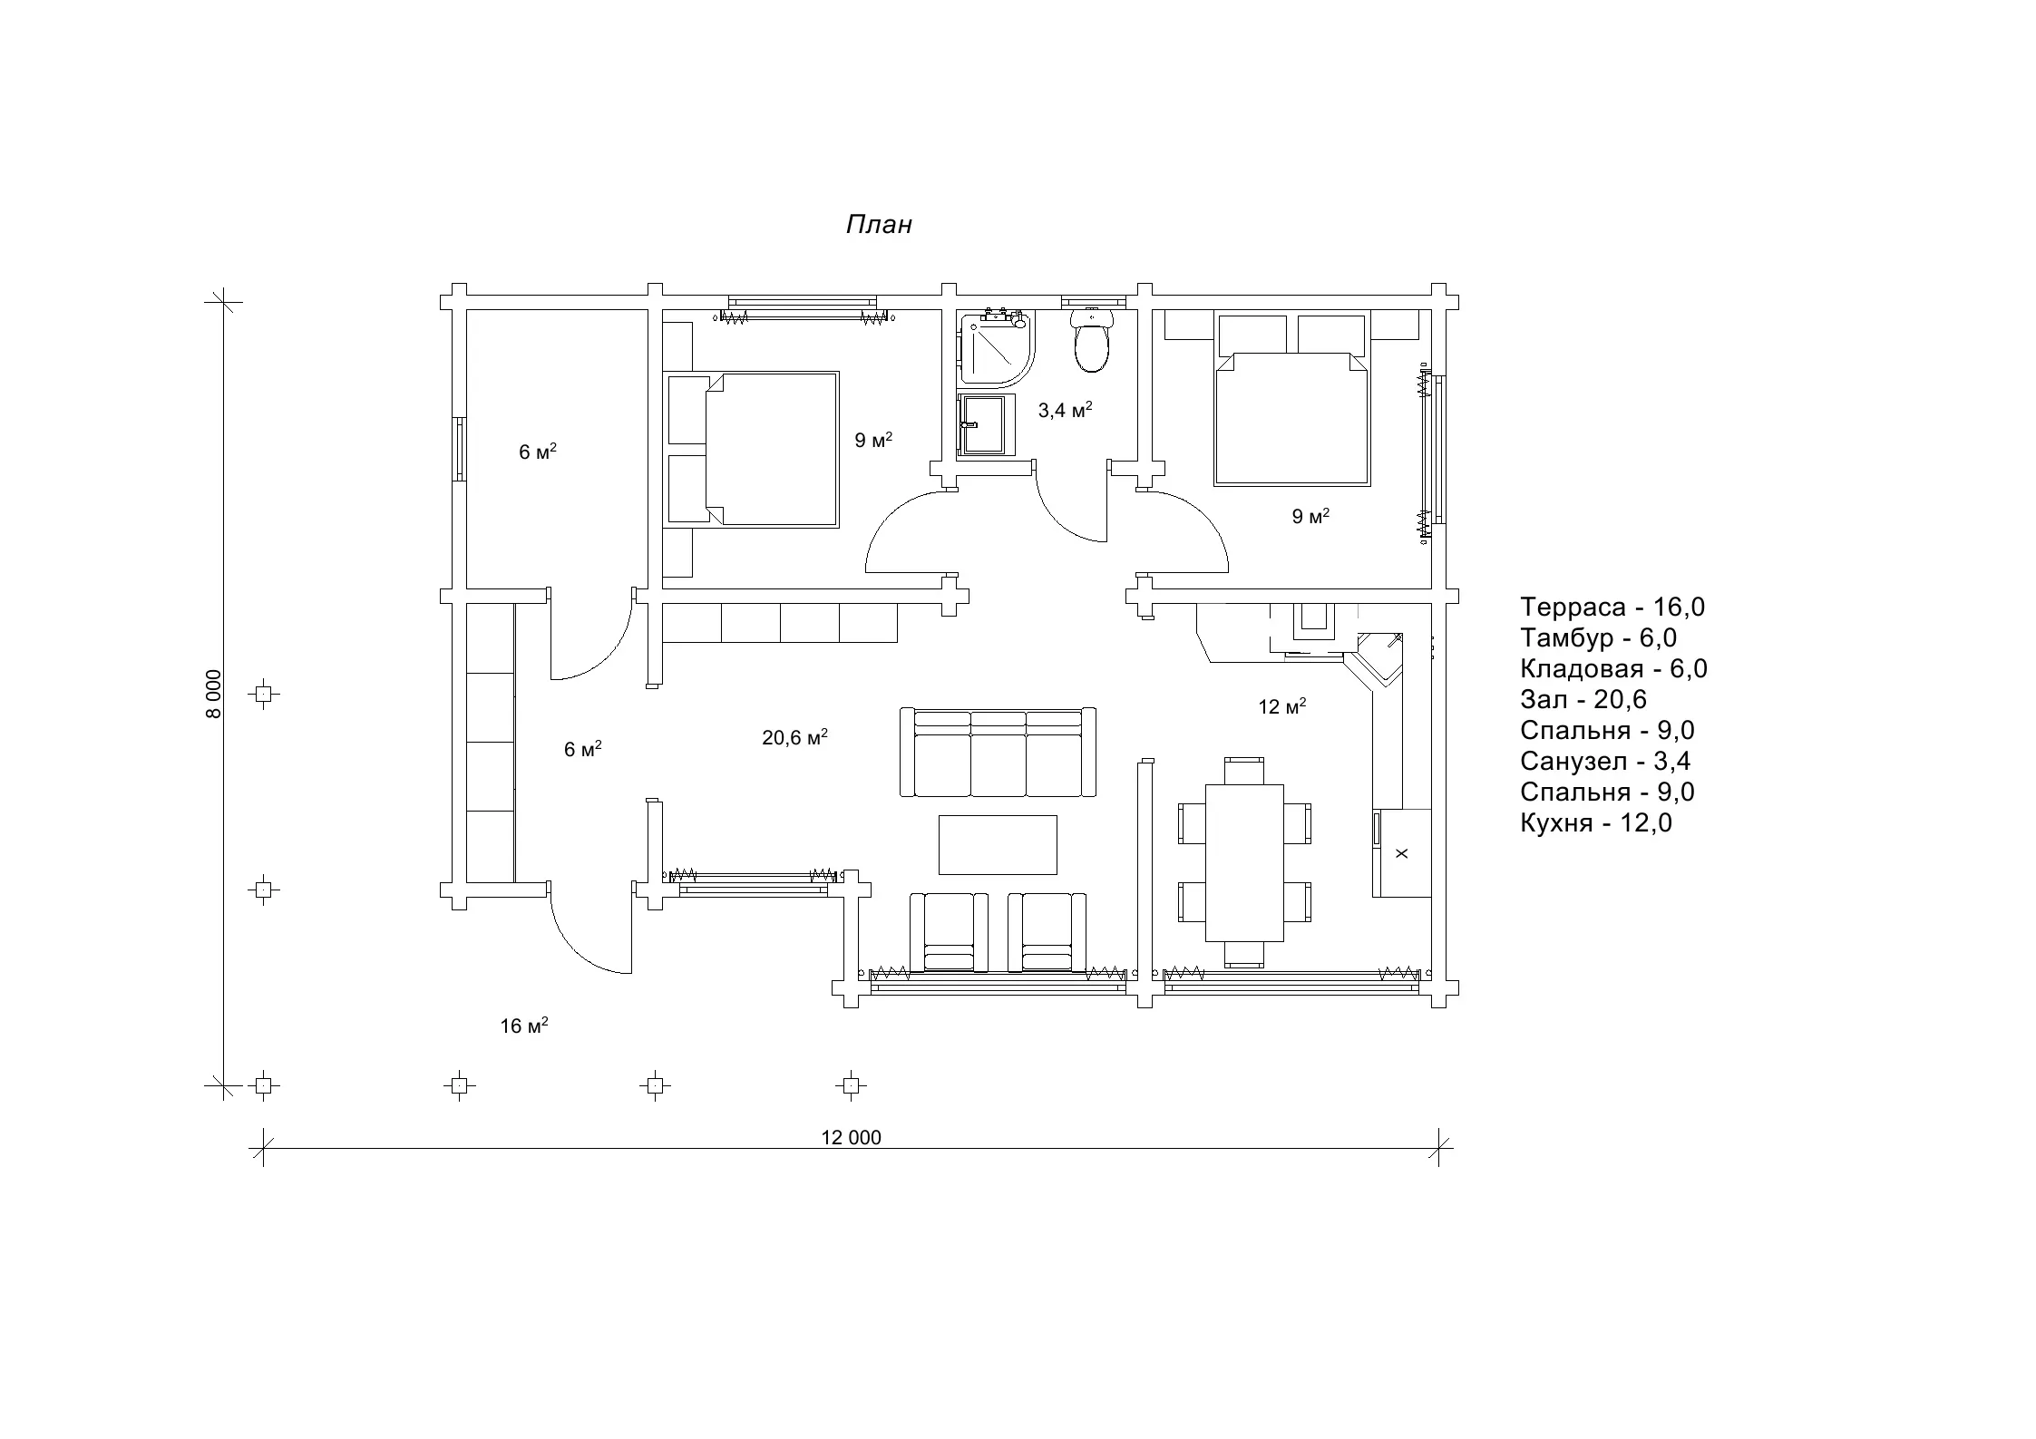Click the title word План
(x=879, y=225)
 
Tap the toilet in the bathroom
(x=1091, y=340)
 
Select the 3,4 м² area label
(x=1065, y=410)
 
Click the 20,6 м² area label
(x=794, y=737)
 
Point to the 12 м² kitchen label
(x=1281, y=705)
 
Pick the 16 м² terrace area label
(x=523, y=1025)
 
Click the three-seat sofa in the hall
(x=998, y=753)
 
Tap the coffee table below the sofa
(x=998, y=844)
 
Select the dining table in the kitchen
(x=1244, y=862)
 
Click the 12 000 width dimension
(x=851, y=1137)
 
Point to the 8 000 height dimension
(x=213, y=694)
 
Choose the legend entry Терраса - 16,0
(x=1612, y=607)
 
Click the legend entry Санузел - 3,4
(x=1605, y=761)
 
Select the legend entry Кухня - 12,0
(x=1596, y=822)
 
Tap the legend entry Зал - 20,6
(x=1583, y=699)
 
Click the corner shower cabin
(x=995, y=348)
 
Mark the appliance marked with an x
(x=1401, y=853)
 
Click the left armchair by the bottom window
(x=949, y=932)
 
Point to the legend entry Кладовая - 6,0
(x=1613, y=668)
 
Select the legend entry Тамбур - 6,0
(x=1598, y=637)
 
